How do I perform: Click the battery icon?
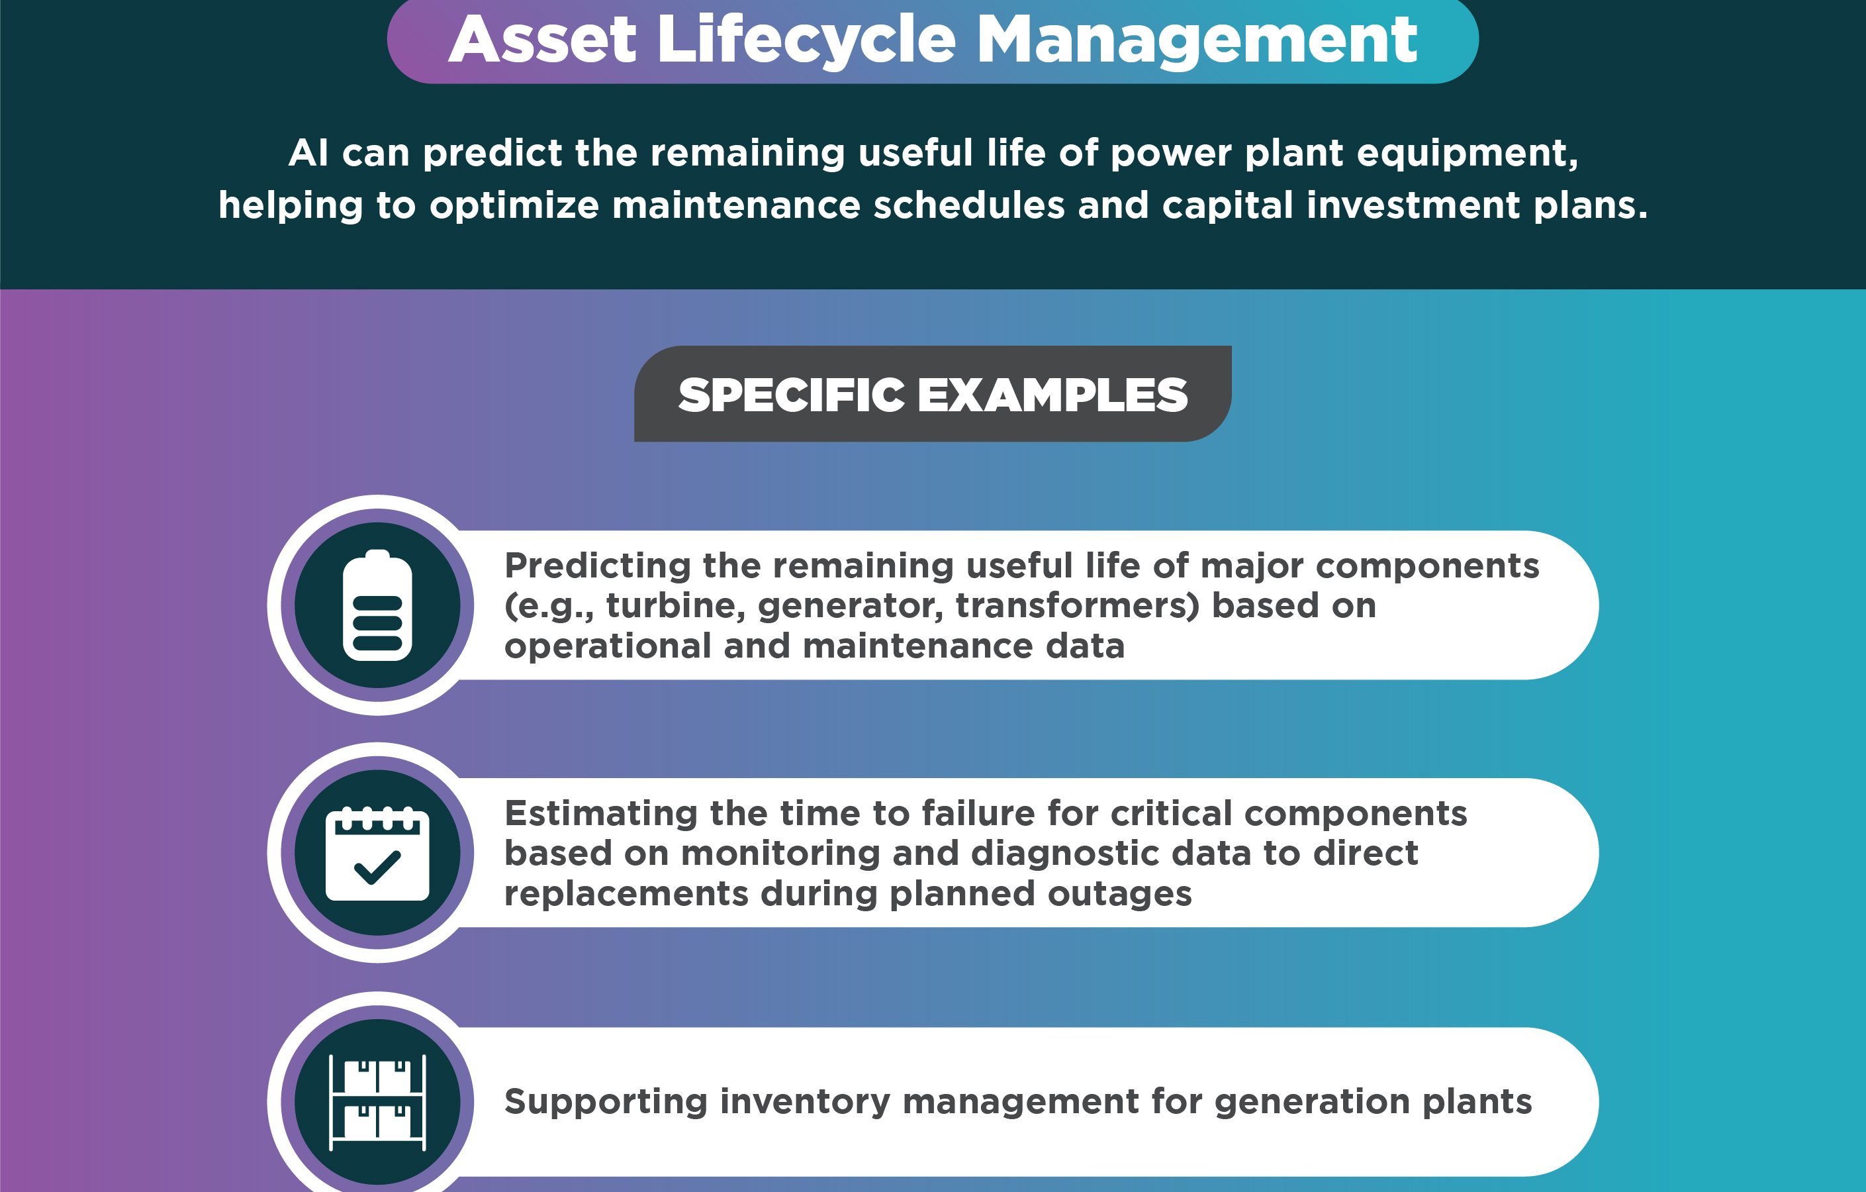[x=377, y=605]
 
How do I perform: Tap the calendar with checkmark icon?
[x=377, y=854]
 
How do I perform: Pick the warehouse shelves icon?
[x=377, y=1102]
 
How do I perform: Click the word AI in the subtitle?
[x=308, y=153]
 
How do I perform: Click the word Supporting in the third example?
[x=606, y=1102]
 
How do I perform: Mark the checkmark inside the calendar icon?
[x=377, y=868]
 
